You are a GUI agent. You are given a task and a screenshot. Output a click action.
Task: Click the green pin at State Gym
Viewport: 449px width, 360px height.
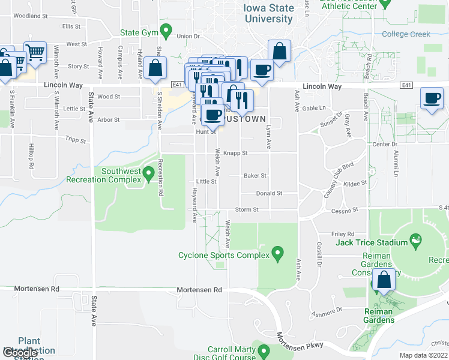pos(168,29)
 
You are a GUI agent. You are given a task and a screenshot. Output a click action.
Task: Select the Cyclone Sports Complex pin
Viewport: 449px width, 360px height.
pos(277,255)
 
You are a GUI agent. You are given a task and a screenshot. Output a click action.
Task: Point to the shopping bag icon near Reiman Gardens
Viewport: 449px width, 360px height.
pos(384,280)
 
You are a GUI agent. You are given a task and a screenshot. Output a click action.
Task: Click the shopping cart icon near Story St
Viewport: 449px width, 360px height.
pos(35,52)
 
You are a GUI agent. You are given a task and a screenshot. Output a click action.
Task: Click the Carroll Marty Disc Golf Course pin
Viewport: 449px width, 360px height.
pos(263,350)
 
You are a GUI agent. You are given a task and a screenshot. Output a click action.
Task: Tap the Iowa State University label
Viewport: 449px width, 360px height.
pos(269,13)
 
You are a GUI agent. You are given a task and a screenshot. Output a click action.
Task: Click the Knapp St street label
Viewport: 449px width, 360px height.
pos(235,153)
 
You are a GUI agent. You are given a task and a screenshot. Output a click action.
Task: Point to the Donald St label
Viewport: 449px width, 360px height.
pos(269,193)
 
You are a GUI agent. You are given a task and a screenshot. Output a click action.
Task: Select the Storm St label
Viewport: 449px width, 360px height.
pos(247,209)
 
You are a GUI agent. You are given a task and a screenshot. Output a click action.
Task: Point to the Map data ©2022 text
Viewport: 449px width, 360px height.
pos(423,355)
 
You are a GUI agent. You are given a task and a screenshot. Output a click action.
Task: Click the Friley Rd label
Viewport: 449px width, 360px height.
pos(343,234)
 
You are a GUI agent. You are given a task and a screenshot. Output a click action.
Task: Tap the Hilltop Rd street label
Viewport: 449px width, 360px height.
pos(31,152)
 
